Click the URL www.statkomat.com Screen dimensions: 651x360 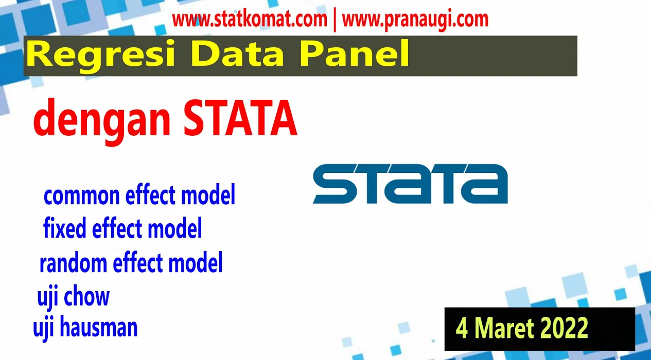pyautogui.click(x=250, y=20)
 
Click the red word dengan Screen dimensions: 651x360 pyautogui.click(x=102, y=120)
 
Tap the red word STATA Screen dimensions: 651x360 pyautogui.click(x=240, y=118)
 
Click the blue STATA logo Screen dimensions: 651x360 pyautogui.click(x=410, y=184)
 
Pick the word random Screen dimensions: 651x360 pyautogui.click(x=73, y=262)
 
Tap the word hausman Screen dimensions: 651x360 pyautogui.click(x=98, y=327)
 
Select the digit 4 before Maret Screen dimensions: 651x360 pyautogui.click(x=462, y=328)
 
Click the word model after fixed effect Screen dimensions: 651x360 pyautogui.click(x=174, y=228)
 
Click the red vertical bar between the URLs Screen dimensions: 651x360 pyautogui.click(x=335, y=21)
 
